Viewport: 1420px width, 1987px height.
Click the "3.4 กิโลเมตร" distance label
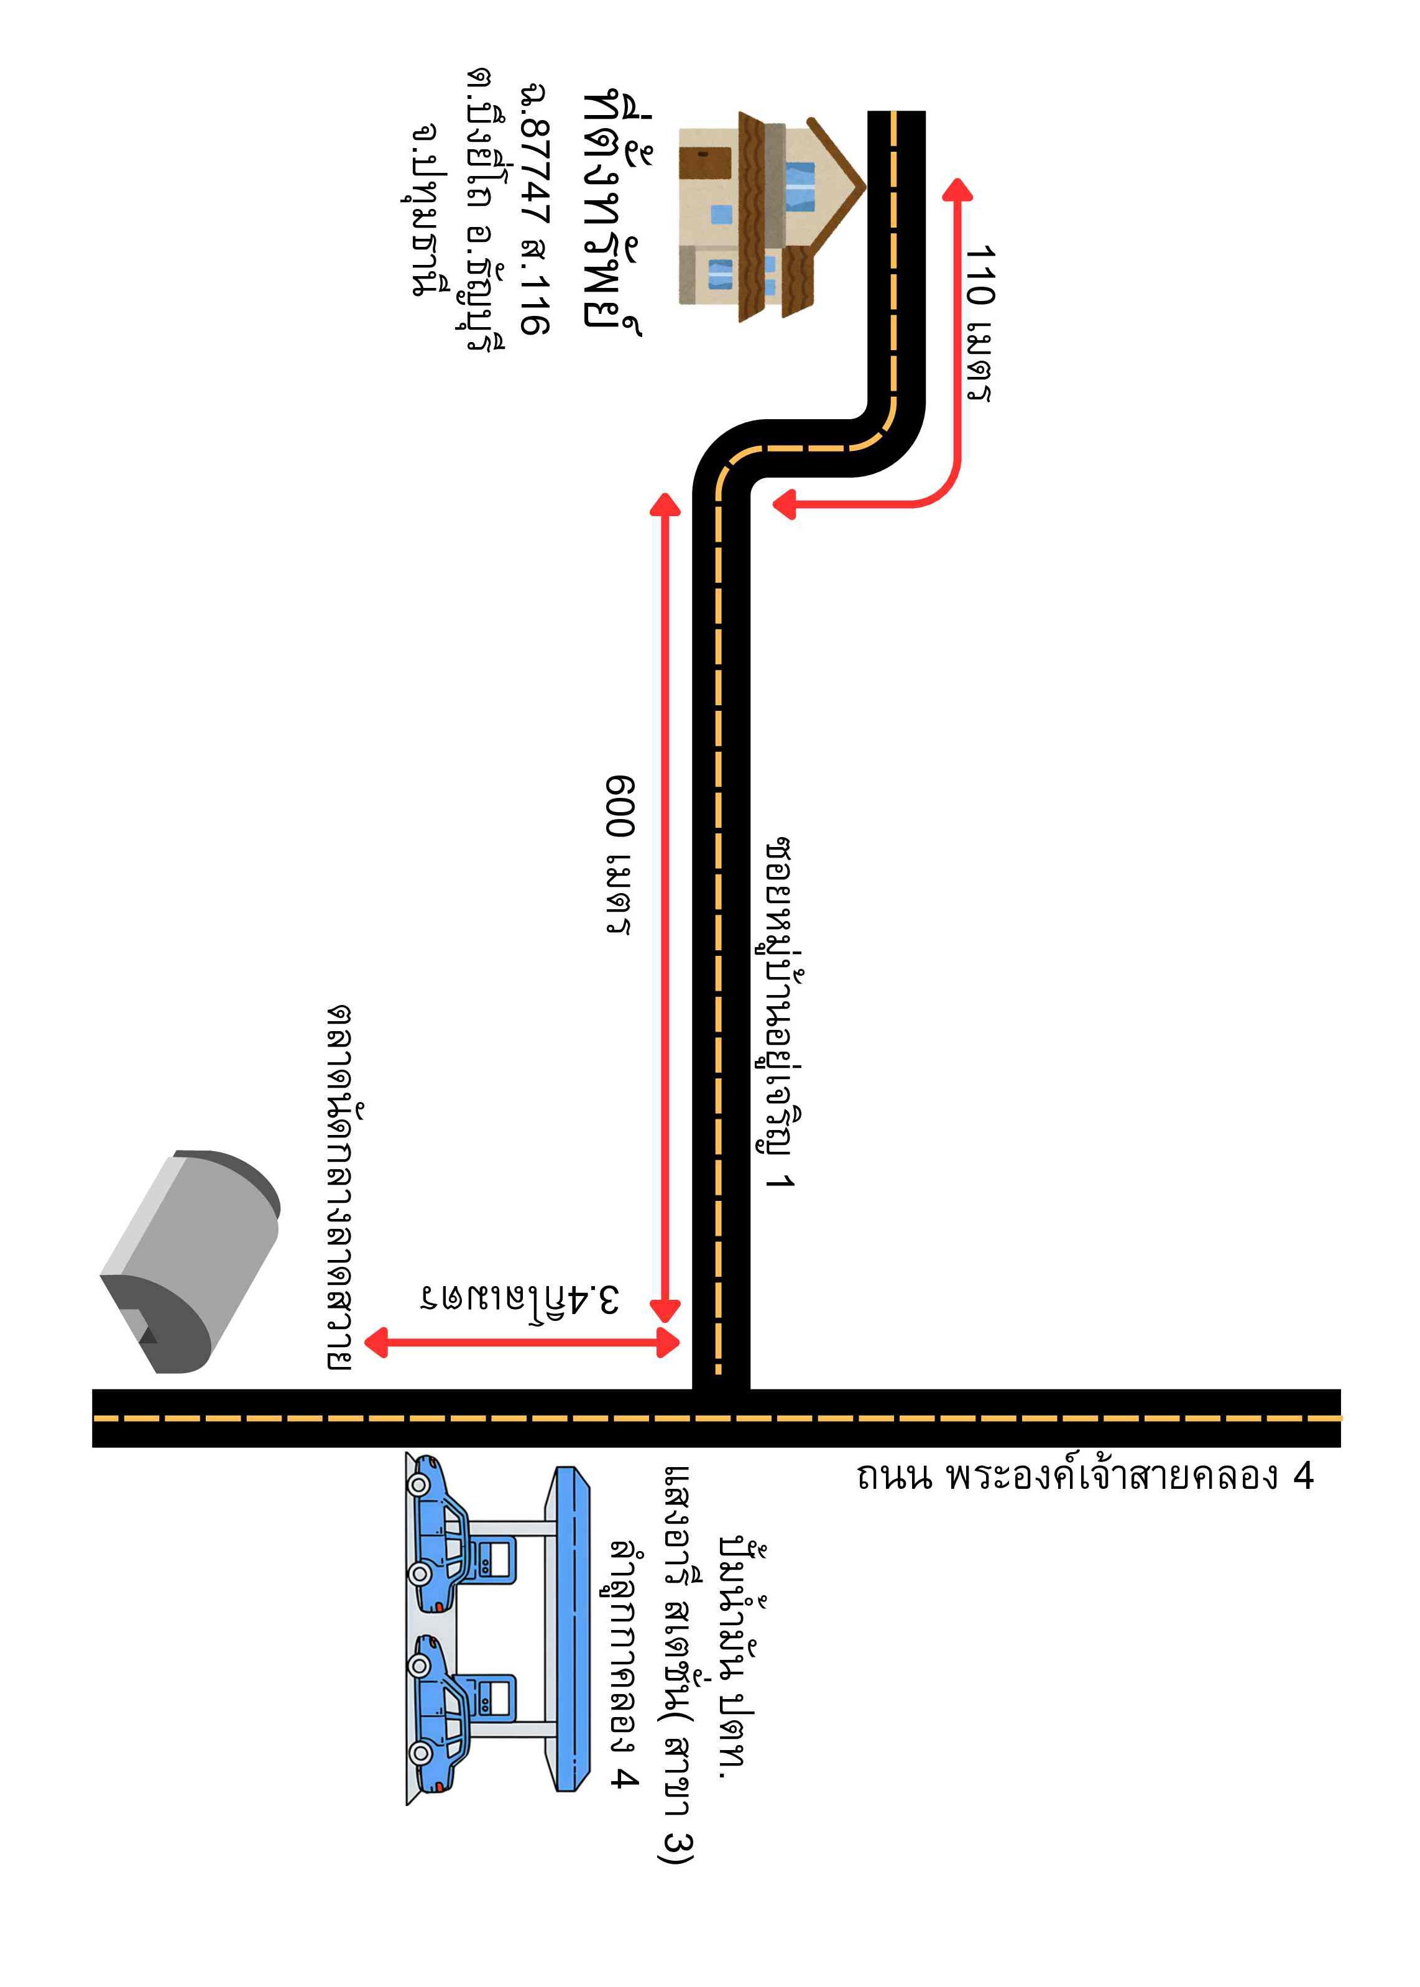click(x=519, y=1299)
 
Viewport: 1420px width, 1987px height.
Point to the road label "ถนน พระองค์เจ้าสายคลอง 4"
click(x=1084, y=1476)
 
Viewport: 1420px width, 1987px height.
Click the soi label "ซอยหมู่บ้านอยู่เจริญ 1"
click(x=778, y=1014)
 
